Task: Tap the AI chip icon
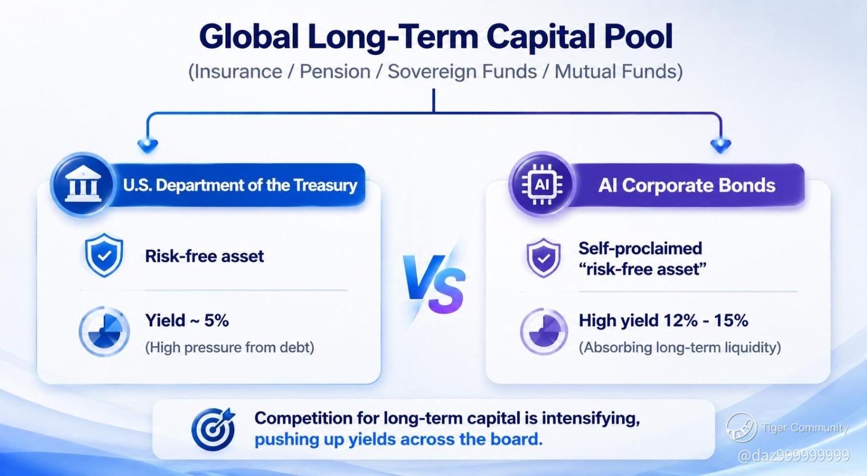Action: click(x=542, y=184)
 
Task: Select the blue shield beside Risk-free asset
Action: click(x=104, y=255)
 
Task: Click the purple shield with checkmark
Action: click(x=544, y=258)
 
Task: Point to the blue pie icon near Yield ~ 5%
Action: click(x=104, y=332)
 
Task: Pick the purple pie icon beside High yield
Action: click(x=544, y=332)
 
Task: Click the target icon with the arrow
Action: click(x=213, y=429)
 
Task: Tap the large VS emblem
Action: click(x=433, y=284)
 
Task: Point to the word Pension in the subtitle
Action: click(x=335, y=72)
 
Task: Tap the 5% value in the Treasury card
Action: click(x=216, y=321)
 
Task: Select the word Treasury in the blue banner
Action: click(x=325, y=185)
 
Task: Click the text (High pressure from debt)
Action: click(x=230, y=348)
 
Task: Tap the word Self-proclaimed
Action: click(x=640, y=249)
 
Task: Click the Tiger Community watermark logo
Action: click(x=742, y=427)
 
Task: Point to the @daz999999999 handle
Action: click(x=793, y=456)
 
